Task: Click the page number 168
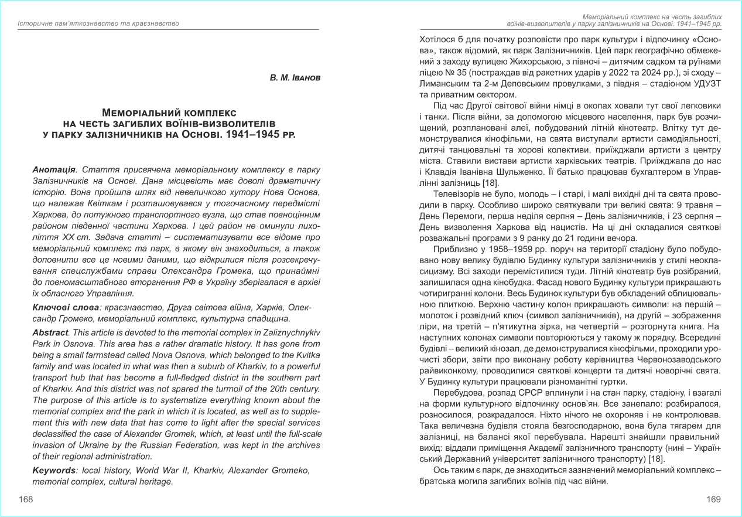[26, 499]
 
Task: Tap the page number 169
[713, 499]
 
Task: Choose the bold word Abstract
[50, 332]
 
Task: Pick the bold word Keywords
[53, 471]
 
